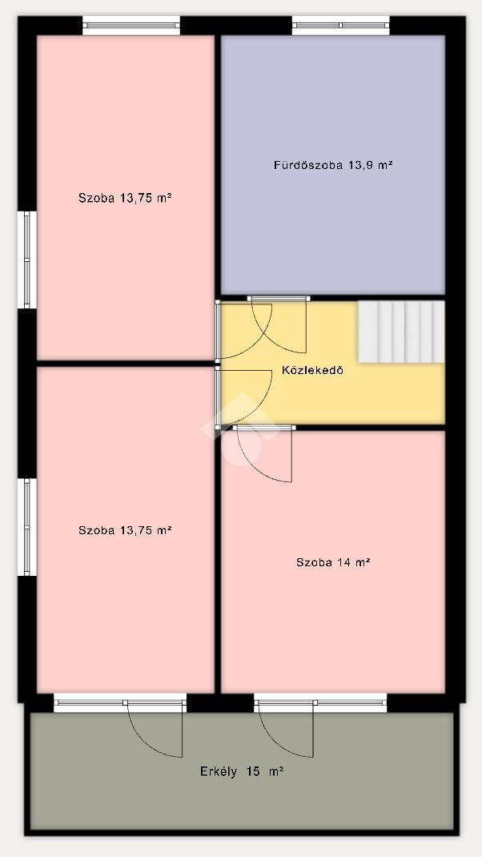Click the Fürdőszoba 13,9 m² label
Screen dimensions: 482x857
point(333,164)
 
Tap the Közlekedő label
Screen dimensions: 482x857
point(312,370)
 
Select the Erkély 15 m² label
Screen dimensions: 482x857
point(242,772)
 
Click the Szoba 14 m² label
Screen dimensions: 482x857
point(333,562)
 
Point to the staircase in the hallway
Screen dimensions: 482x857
point(401,332)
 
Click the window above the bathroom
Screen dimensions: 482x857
point(340,25)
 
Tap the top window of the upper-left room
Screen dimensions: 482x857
point(131,25)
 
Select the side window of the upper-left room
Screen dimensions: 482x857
point(26,260)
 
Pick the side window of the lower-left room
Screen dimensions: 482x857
point(26,527)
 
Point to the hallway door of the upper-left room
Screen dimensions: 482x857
point(243,330)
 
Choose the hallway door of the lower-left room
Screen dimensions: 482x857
point(243,397)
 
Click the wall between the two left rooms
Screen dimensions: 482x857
point(126,364)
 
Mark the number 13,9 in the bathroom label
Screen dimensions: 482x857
point(361,165)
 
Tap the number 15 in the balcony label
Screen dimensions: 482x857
point(252,772)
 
